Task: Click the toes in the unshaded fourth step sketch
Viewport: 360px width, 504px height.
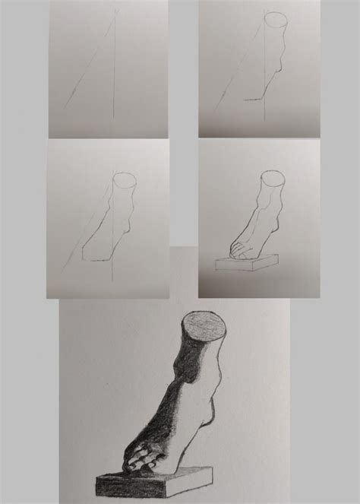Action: pyautogui.click(x=236, y=248)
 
